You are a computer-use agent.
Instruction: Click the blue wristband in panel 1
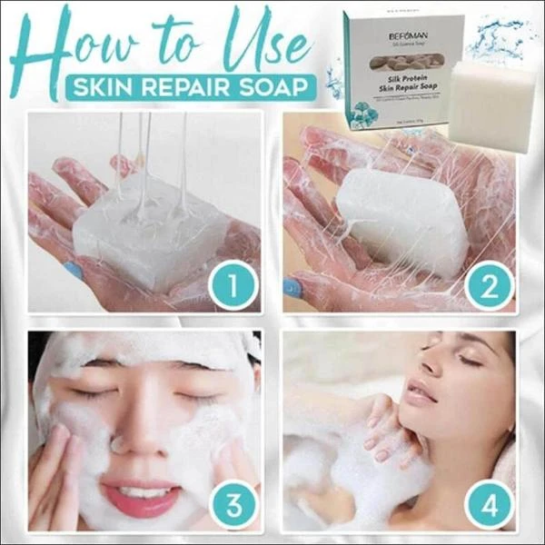pos(74,270)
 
